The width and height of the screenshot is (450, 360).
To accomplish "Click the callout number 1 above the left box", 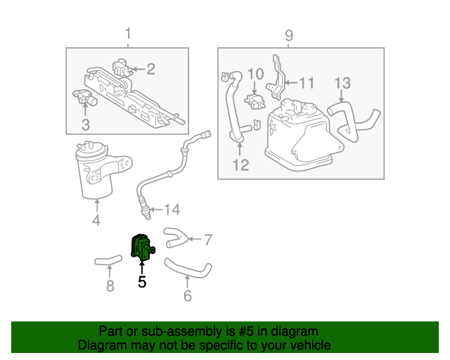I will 128,34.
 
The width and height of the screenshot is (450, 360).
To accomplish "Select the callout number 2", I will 150,69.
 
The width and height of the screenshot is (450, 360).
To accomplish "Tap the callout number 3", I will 85,125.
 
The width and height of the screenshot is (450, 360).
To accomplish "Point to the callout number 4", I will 96,221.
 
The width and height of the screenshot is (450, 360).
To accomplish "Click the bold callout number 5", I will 142,282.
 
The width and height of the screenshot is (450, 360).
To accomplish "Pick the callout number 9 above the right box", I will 289,35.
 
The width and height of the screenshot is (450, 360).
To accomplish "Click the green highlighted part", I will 141,248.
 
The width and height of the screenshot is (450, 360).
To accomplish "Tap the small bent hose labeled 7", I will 176,237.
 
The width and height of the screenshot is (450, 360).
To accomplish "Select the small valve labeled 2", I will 121,69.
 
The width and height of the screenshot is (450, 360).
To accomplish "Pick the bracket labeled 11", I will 277,77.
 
